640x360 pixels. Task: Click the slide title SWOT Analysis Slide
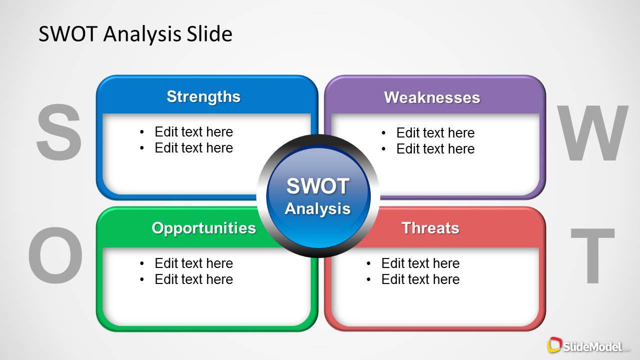click(x=135, y=34)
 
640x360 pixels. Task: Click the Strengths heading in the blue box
click(x=203, y=96)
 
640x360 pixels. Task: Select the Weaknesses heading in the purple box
click(x=432, y=97)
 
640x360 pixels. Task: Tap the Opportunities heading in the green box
click(x=204, y=228)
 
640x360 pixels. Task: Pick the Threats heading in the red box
click(x=430, y=228)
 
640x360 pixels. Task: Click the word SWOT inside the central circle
click(x=318, y=186)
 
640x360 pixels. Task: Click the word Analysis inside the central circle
click(x=318, y=208)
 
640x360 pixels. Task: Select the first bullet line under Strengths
click(x=193, y=132)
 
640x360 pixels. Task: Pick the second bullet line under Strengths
click(x=193, y=148)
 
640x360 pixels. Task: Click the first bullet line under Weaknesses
click(x=435, y=133)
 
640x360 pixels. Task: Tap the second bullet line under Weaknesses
click(x=435, y=149)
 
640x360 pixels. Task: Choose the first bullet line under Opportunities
click(x=193, y=263)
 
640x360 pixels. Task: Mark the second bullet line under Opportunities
click(x=193, y=279)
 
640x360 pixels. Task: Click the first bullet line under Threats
click(x=420, y=263)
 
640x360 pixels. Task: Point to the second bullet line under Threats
click(x=420, y=279)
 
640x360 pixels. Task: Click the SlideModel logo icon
click(x=554, y=345)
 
